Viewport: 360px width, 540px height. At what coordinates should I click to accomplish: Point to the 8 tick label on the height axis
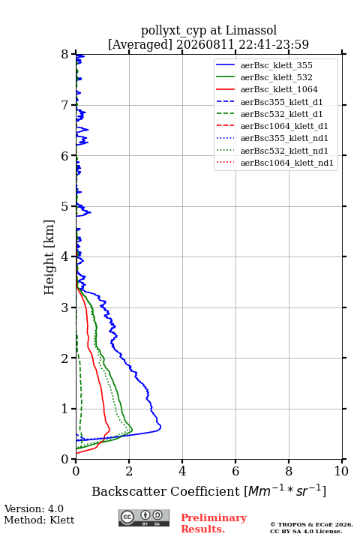65,55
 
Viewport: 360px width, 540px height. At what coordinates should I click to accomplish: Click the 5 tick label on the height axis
65,207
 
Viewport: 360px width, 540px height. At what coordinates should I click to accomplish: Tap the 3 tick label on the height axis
65,307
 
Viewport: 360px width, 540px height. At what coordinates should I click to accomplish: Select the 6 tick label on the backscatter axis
235,471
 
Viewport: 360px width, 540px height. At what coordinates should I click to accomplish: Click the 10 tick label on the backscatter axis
341,471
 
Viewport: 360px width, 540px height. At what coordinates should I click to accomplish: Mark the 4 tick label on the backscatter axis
182,471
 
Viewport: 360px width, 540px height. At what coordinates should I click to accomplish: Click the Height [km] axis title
49,257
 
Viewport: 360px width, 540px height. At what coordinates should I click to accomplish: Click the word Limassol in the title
250,31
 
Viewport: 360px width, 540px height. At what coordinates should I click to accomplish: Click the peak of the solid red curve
109,430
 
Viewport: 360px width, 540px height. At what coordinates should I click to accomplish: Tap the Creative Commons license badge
144,517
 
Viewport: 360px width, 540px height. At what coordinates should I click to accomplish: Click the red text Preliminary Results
214,523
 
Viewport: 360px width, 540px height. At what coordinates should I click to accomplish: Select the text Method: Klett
39,520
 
